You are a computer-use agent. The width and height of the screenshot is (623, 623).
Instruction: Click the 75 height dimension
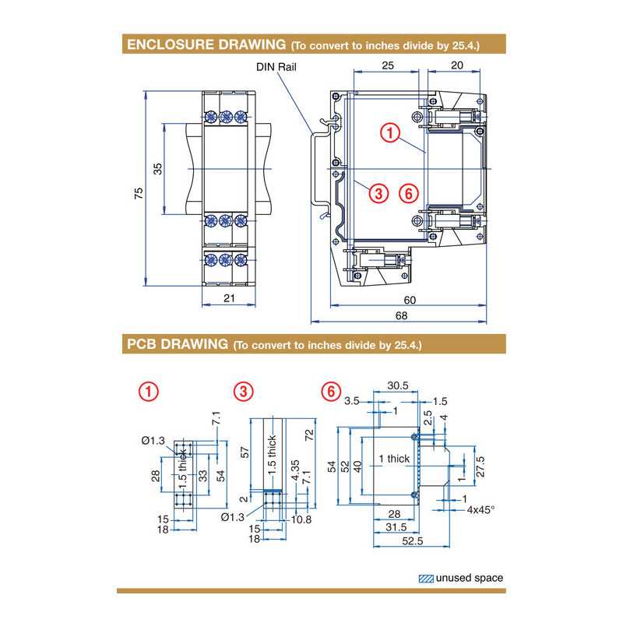(139, 194)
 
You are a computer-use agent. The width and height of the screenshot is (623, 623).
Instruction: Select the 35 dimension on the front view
(158, 169)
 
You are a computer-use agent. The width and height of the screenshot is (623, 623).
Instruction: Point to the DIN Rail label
(276, 67)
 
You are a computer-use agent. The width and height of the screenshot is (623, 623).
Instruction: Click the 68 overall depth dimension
(400, 315)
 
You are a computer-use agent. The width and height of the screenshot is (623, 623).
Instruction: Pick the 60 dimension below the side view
(410, 300)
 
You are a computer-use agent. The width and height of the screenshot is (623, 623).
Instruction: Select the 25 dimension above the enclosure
(387, 67)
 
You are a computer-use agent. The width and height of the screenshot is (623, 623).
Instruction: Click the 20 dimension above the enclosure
(458, 67)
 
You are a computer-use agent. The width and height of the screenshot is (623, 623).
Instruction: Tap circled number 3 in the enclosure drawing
(378, 193)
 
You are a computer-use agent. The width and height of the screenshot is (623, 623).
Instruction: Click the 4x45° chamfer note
(480, 509)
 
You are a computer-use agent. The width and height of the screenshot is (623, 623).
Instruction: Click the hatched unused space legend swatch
(426, 578)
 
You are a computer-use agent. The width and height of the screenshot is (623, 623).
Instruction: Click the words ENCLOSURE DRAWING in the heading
(206, 45)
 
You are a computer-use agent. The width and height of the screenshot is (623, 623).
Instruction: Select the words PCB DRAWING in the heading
(177, 343)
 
